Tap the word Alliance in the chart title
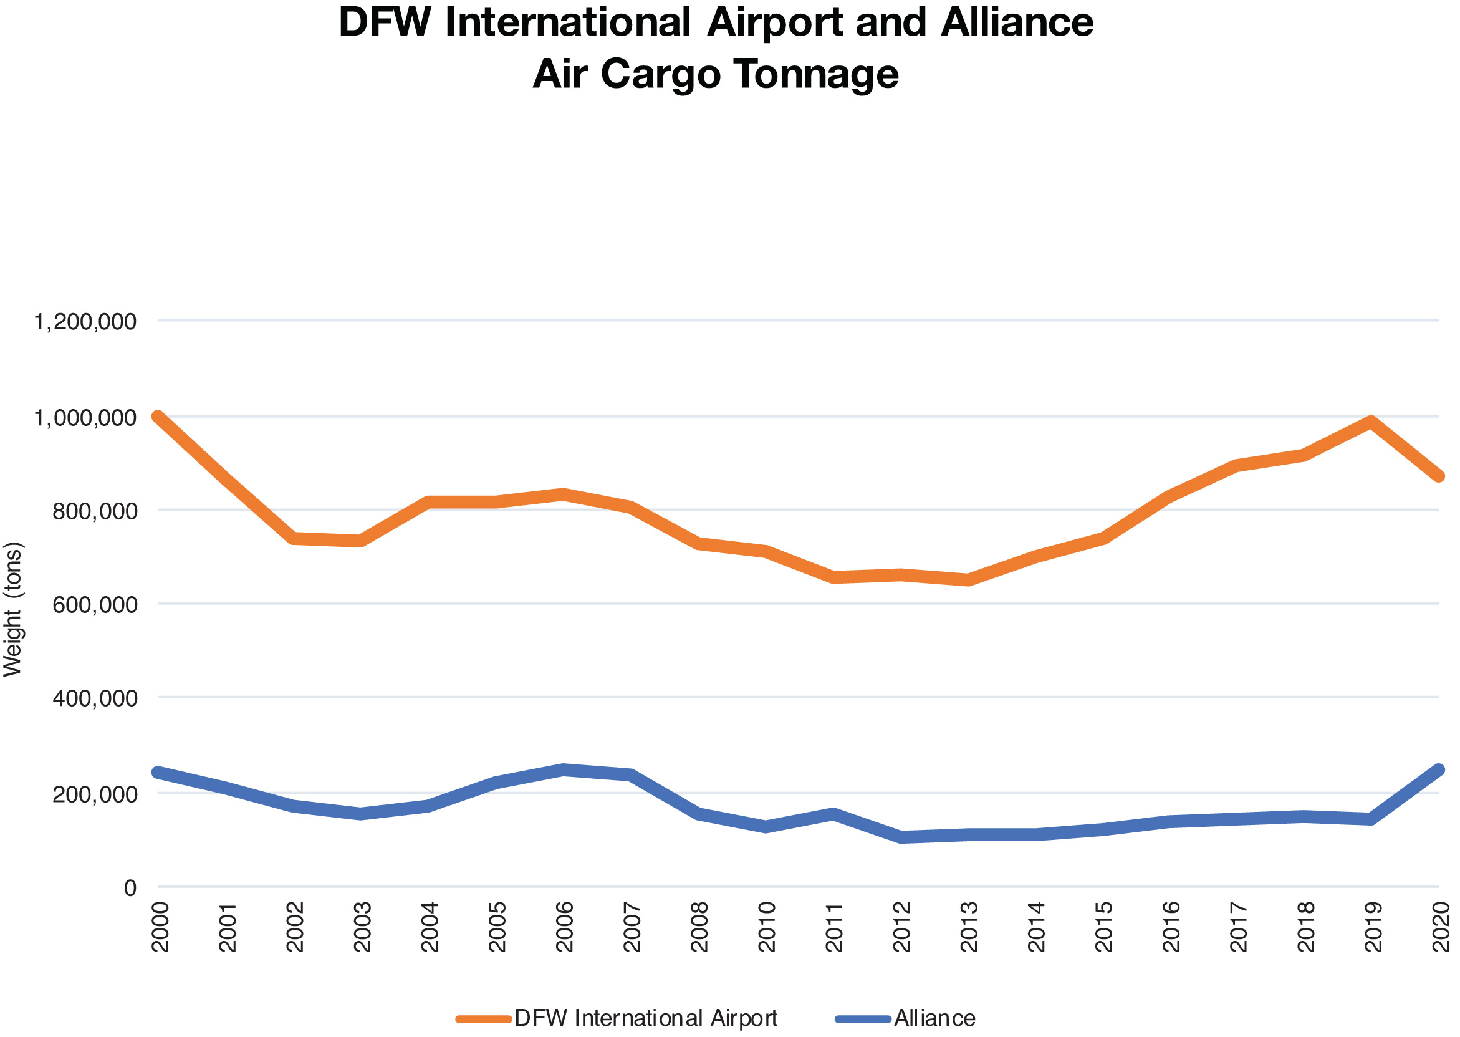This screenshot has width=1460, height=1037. point(1016,22)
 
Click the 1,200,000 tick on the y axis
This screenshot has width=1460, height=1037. point(85,322)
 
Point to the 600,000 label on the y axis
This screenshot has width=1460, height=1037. point(95,605)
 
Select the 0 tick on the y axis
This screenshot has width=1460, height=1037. point(130,888)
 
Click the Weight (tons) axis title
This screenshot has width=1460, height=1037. point(12,609)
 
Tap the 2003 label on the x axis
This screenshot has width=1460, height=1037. point(363,927)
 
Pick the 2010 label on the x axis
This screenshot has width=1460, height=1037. point(767,927)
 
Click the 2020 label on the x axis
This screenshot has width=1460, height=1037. point(1441,927)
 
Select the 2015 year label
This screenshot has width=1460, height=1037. point(1104,927)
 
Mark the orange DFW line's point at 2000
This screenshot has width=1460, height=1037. point(158,417)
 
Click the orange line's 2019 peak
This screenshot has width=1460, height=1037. point(1370,422)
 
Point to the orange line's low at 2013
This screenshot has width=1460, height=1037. point(968,580)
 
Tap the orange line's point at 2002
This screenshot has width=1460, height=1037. point(294,539)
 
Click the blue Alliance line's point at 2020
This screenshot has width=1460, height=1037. point(1438,770)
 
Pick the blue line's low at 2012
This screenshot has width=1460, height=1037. point(901,837)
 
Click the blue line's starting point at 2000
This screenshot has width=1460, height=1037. point(158,773)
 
